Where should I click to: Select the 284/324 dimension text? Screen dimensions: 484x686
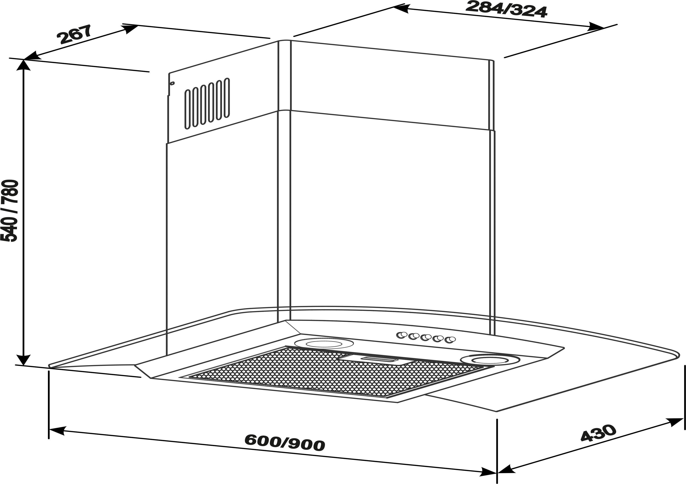click(x=506, y=9)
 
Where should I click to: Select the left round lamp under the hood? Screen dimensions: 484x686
click(x=324, y=344)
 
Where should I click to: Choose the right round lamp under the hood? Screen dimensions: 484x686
click(x=490, y=360)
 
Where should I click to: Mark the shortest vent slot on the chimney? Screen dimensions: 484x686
click(x=187, y=109)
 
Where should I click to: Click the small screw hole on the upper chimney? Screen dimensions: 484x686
click(x=172, y=83)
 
